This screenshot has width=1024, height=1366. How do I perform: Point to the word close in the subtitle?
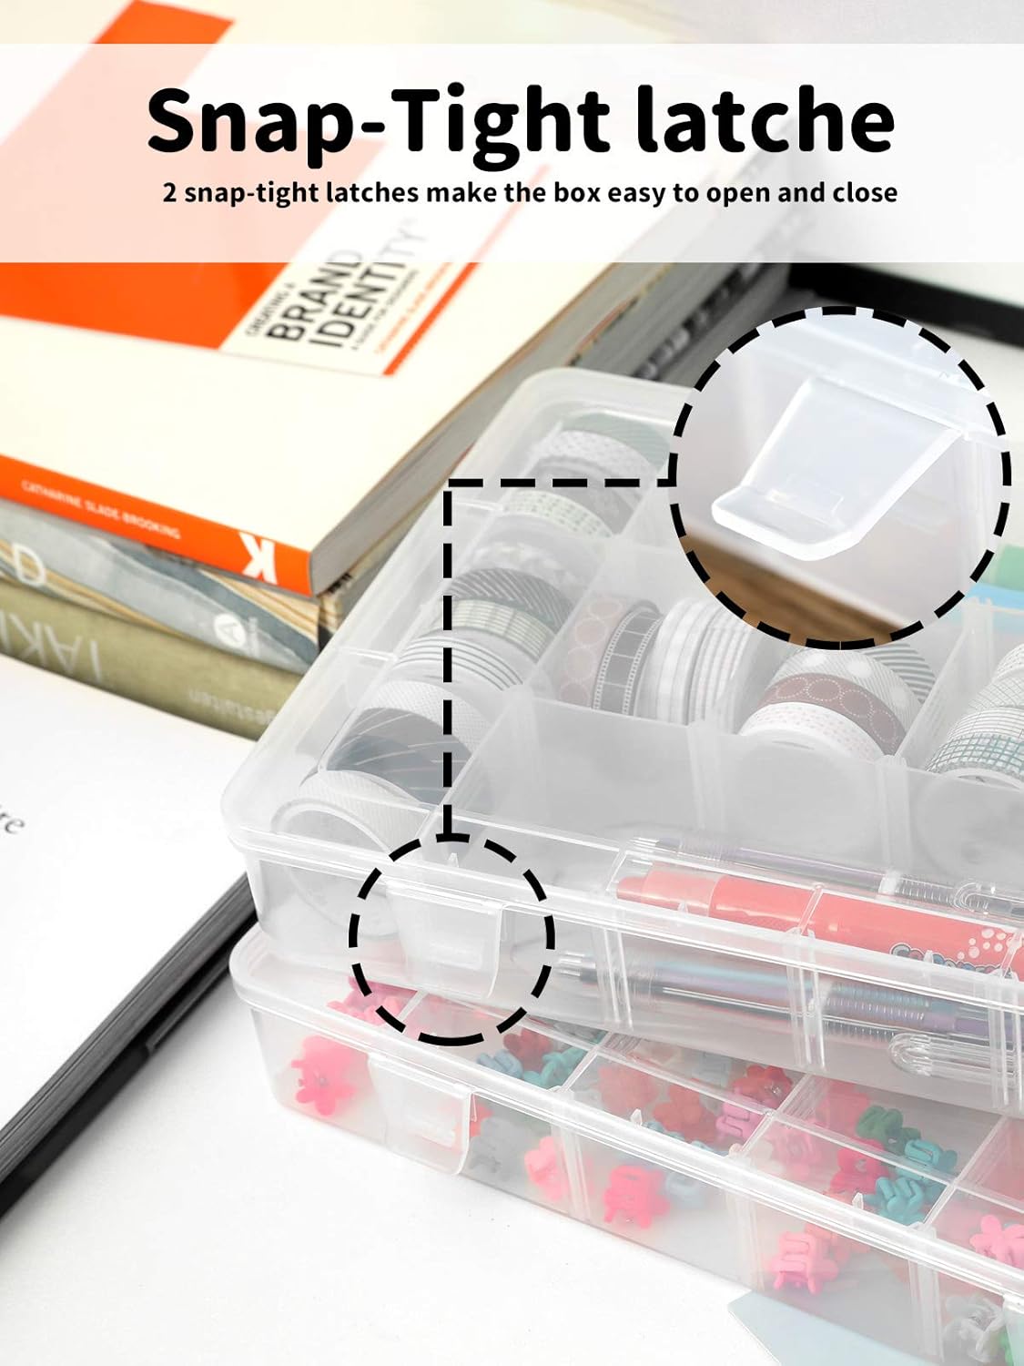coord(865,193)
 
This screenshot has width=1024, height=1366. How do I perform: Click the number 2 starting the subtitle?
coord(169,193)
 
